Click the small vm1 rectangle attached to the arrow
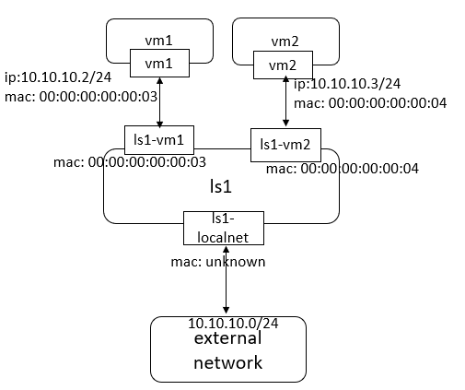pyautogui.click(x=160, y=63)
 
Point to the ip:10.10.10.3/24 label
pyautogui.click(x=347, y=83)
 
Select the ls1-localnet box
pyautogui.click(x=224, y=227)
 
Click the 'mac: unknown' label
pyautogui.click(x=218, y=262)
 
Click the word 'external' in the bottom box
pyautogui.click(x=227, y=339)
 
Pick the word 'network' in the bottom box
pyautogui.click(x=227, y=361)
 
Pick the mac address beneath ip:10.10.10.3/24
pyautogui.click(x=370, y=102)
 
